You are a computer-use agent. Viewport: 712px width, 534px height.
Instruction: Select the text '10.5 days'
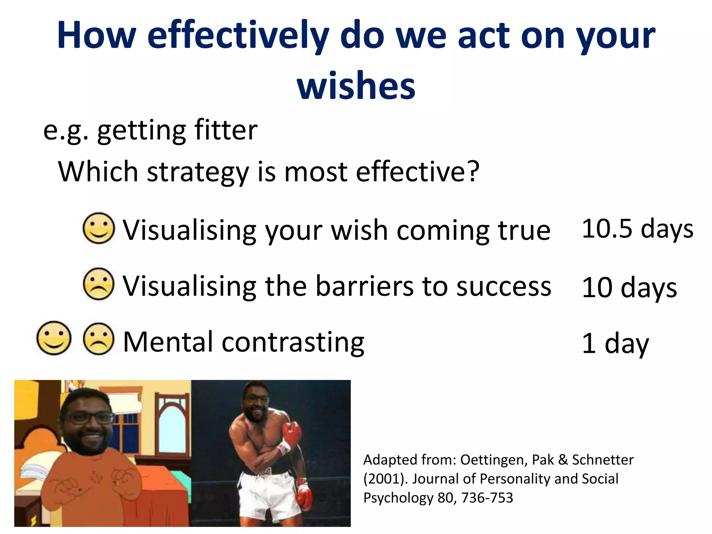point(637,229)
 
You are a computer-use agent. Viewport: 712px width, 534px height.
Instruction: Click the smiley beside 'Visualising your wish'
point(99,228)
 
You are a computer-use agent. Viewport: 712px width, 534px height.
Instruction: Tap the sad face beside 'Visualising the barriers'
point(99,284)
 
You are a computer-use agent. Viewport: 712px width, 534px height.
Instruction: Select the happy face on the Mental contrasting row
point(54,338)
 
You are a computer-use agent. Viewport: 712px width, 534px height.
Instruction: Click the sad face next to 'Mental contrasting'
point(99,339)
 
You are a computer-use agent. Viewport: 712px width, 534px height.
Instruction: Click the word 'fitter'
point(226,130)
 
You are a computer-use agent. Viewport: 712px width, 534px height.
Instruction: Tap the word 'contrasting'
point(293,342)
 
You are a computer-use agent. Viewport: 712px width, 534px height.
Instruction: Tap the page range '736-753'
point(487,498)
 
